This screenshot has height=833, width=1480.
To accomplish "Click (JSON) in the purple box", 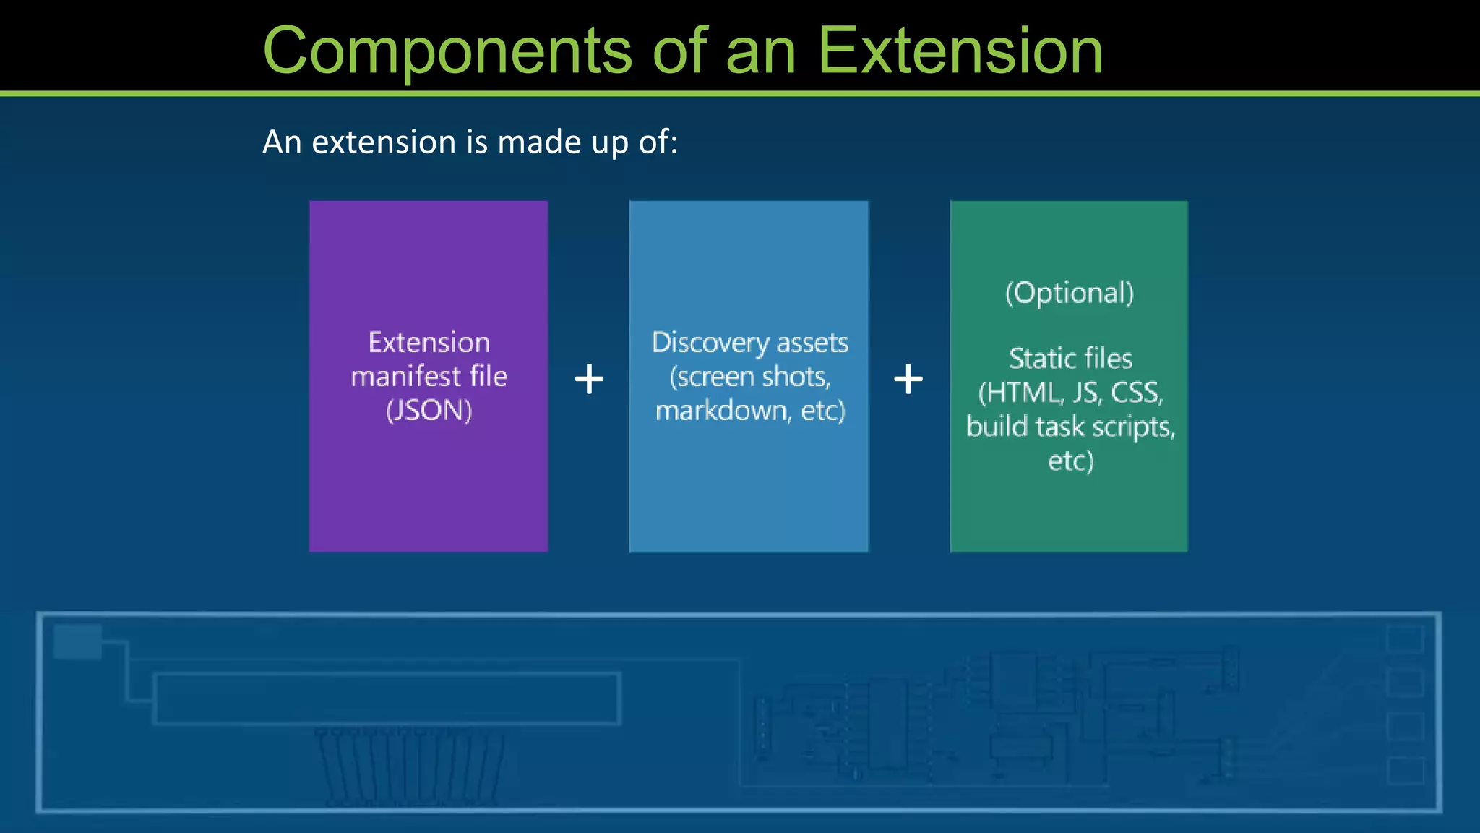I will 429,411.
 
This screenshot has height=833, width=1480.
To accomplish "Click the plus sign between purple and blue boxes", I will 589,379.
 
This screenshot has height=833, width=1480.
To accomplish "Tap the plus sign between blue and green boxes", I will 908,379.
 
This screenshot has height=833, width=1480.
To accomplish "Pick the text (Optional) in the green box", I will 1070,293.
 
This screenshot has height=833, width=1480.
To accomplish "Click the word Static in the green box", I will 1041,359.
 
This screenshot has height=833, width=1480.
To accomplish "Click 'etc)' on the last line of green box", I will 1070,461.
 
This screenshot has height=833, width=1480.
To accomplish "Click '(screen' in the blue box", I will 711,377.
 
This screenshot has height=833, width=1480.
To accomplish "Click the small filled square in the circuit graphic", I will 77,641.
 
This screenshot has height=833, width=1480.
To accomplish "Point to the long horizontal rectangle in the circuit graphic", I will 387,698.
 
